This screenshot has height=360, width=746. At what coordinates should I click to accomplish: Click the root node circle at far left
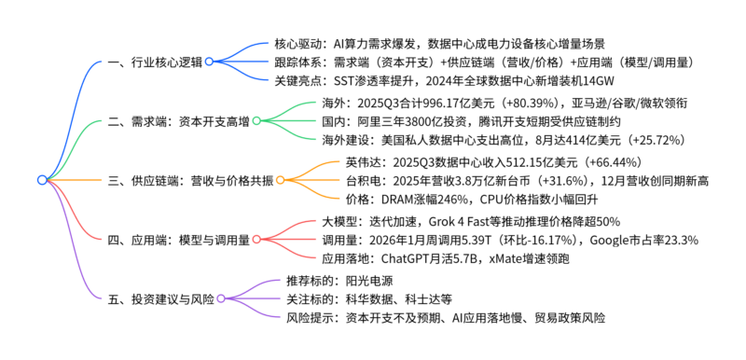[x=41, y=180]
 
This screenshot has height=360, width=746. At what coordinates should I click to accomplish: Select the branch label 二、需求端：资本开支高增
[x=179, y=120]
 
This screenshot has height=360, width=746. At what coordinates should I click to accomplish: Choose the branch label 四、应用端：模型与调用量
[x=179, y=240]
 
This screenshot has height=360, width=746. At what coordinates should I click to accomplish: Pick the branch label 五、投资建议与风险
[x=161, y=298]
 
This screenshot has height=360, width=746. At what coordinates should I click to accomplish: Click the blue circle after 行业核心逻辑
[x=209, y=62]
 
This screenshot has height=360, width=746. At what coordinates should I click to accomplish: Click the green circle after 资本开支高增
[x=257, y=120]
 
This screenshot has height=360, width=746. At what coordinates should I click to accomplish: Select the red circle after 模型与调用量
[x=257, y=240]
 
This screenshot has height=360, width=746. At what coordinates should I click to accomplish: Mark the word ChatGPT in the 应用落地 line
[x=410, y=259]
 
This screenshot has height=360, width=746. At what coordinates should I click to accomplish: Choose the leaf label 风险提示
[x=311, y=318]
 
